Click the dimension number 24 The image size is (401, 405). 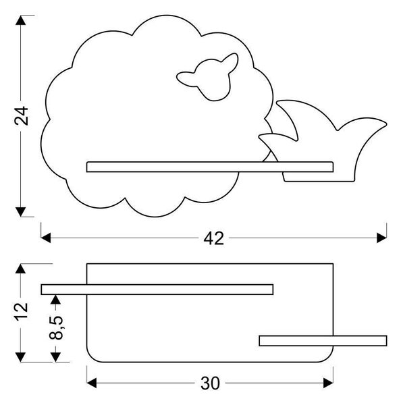point(22,115)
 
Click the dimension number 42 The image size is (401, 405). point(214,238)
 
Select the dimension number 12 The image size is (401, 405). point(21,312)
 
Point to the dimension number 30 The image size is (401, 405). point(210,383)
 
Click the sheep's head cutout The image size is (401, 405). point(208,77)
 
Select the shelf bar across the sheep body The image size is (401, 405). point(210,167)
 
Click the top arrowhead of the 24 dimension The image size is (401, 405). point(21,20)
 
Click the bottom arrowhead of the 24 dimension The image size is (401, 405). point(21,212)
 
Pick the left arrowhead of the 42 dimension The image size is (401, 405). point(46,238)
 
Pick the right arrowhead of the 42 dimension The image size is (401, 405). point(381,238)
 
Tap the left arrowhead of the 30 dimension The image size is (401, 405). point(91,383)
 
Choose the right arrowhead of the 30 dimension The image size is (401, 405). point(328,383)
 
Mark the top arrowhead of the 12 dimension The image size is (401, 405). point(21,269)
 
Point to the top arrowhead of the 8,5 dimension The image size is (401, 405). point(56,300)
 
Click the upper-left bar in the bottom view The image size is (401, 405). point(157,290)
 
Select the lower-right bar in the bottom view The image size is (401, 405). point(323,341)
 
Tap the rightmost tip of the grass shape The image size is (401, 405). point(387,124)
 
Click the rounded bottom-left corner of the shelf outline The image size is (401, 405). point(91,358)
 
